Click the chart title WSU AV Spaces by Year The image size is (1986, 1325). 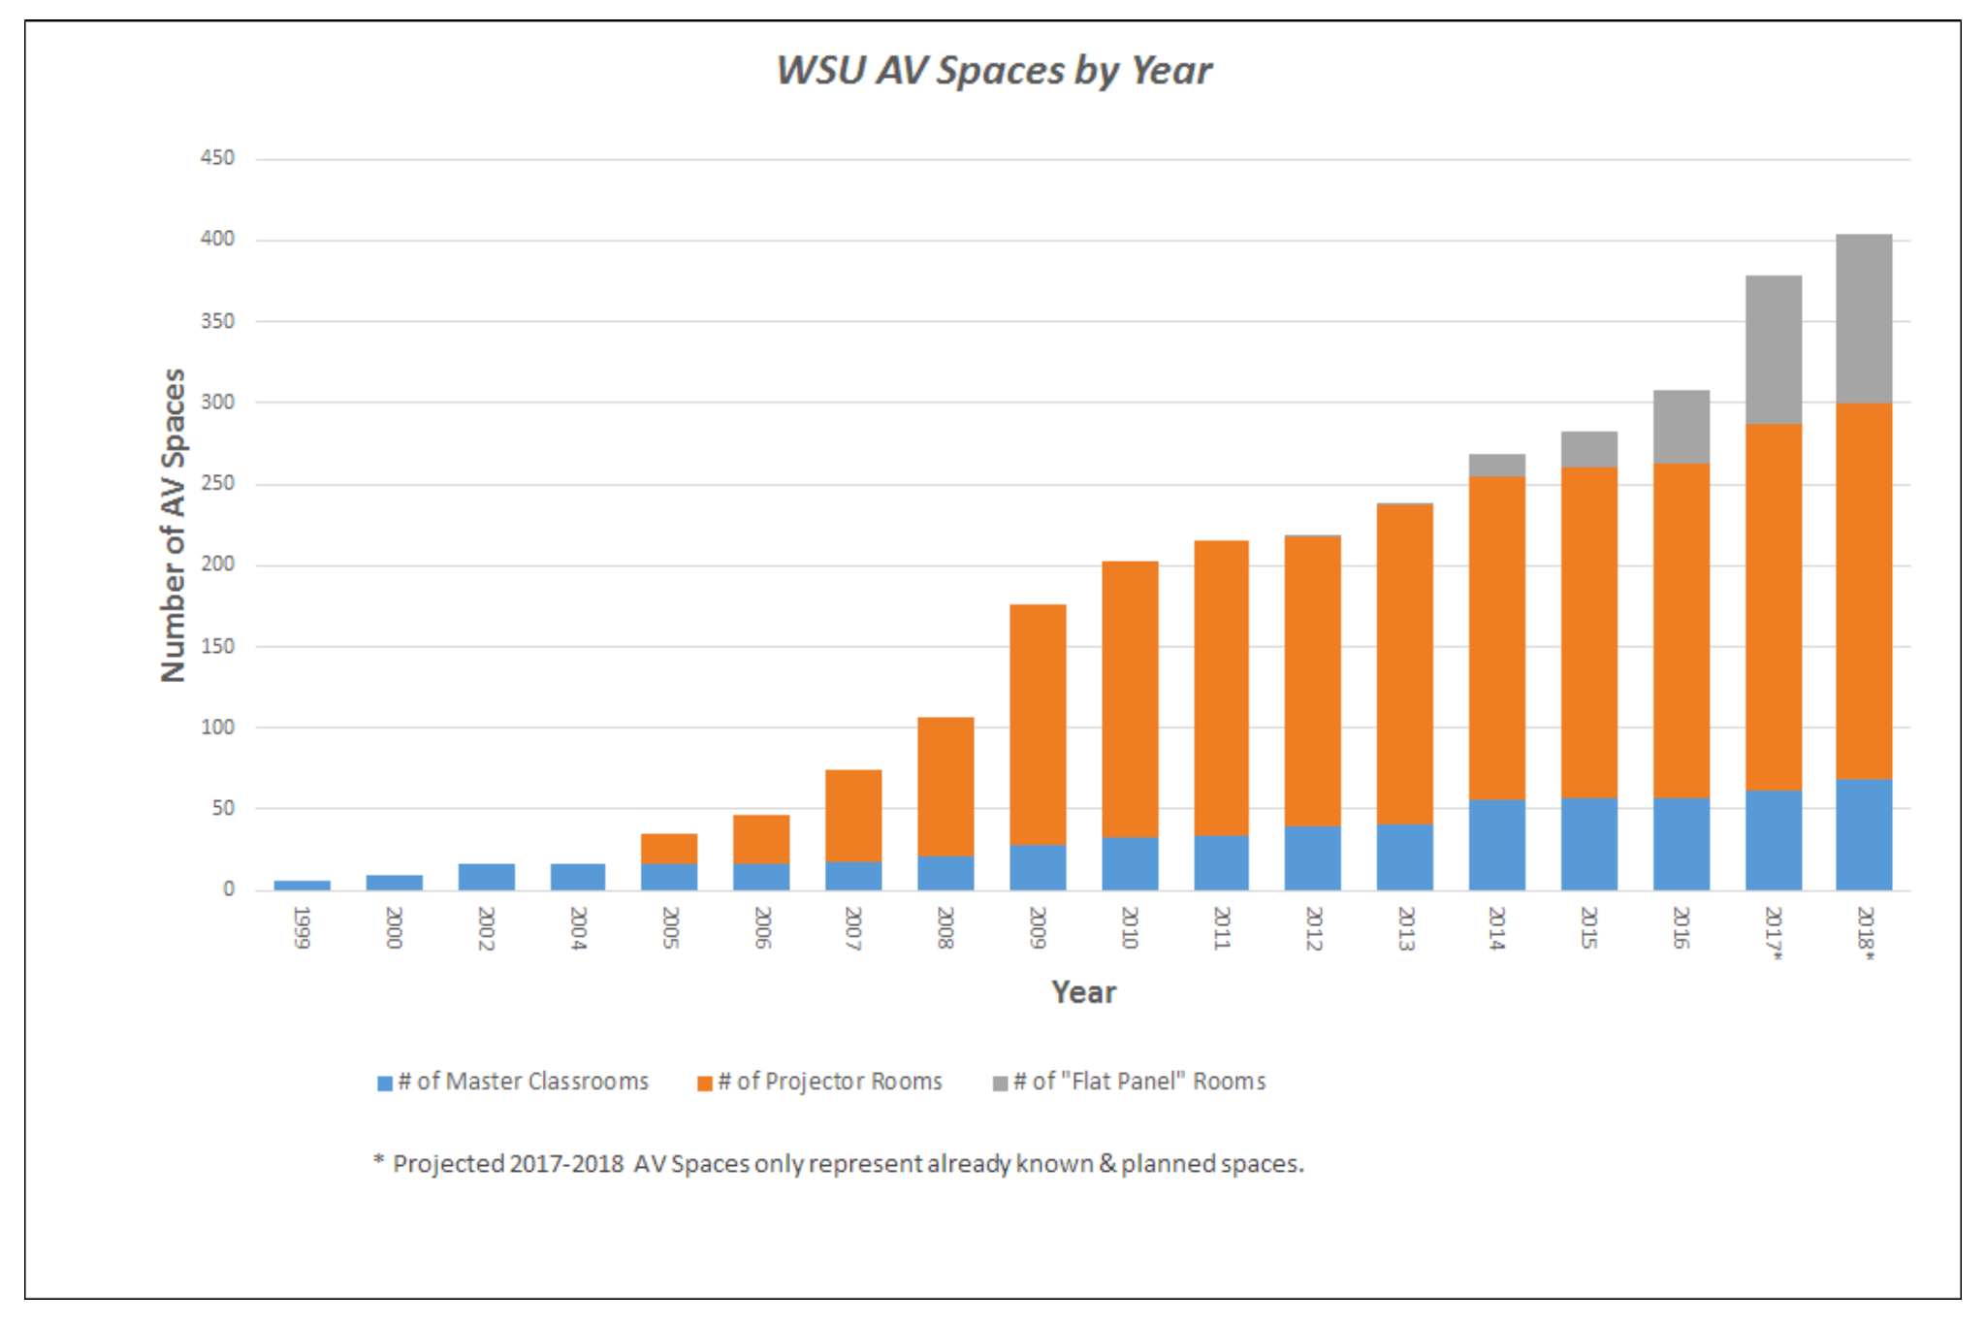993,71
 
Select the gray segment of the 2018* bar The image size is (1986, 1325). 1864,318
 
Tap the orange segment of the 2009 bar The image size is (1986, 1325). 1038,725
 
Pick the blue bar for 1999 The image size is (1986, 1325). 302,885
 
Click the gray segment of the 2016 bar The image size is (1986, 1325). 1681,427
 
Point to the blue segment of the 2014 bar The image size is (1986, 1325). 1496,844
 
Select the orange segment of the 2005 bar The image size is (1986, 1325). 669,848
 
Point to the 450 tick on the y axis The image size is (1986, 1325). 217,158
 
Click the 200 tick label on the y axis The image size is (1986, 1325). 217,565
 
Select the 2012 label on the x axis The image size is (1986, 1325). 1313,927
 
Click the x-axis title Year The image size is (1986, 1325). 1083,992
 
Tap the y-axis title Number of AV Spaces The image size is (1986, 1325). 173,525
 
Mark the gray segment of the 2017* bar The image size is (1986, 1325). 1773,349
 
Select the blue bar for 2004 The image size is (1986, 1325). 578,876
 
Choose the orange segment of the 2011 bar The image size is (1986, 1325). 1221,688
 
